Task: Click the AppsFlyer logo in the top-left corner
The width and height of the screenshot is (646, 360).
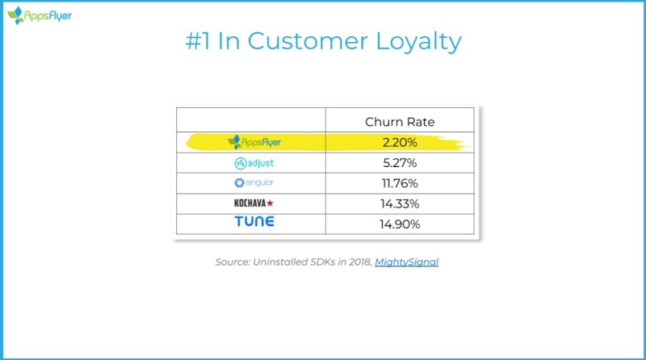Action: pyautogui.click(x=40, y=15)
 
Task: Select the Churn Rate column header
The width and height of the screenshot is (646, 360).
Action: pyautogui.click(x=400, y=122)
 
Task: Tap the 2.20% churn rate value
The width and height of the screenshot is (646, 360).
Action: pyautogui.click(x=400, y=143)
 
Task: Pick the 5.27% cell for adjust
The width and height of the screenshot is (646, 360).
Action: pyautogui.click(x=400, y=163)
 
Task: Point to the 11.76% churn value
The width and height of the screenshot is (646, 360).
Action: pyautogui.click(x=400, y=183)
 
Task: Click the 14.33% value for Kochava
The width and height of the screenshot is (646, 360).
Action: pyautogui.click(x=400, y=203)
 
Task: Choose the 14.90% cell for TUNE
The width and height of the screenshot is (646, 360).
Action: pyautogui.click(x=400, y=224)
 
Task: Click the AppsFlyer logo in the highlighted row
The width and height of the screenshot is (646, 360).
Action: pyautogui.click(x=254, y=142)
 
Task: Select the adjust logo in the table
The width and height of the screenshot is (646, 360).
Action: pyautogui.click(x=254, y=163)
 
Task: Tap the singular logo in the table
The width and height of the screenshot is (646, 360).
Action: pyautogui.click(x=254, y=182)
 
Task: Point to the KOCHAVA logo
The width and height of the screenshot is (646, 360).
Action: pyautogui.click(x=254, y=203)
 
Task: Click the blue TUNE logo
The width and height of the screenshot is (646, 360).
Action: pyautogui.click(x=254, y=221)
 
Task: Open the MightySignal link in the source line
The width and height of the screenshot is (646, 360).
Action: pyautogui.click(x=407, y=262)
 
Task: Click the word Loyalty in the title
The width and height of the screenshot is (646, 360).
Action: pyautogui.click(x=418, y=42)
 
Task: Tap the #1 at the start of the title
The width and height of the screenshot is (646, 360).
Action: pyautogui.click(x=198, y=41)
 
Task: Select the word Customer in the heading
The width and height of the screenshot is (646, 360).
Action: pyautogui.click(x=308, y=41)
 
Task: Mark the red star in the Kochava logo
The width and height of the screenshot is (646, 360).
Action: pyautogui.click(x=270, y=203)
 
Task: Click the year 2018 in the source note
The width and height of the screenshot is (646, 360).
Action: pyautogui.click(x=359, y=262)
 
